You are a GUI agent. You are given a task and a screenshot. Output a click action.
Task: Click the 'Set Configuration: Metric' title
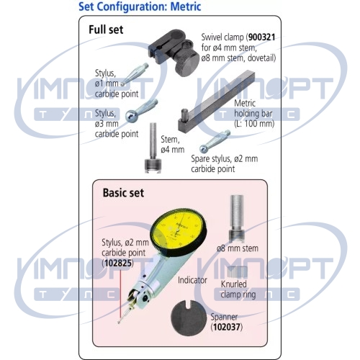tap(140, 6)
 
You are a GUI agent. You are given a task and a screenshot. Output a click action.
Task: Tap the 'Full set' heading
tap(106, 30)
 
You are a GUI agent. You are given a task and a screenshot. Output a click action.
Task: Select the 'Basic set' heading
tap(123, 193)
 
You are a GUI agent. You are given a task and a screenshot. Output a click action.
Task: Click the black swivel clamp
tap(174, 52)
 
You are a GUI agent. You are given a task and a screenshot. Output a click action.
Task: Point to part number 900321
tap(261, 37)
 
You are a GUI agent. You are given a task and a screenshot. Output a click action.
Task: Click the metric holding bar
tap(216, 102)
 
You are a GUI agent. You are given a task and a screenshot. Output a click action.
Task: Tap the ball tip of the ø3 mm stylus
tap(132, 116)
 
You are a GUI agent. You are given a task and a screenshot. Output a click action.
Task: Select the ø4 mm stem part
tap(153, 148)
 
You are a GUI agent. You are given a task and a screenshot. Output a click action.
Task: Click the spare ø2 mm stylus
tap(215, 141)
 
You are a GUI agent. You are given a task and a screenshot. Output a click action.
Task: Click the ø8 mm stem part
tap(237, 218)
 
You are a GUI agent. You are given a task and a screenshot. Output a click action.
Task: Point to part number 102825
tap(118, 263)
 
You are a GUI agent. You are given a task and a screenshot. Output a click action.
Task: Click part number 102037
tap(227, 327)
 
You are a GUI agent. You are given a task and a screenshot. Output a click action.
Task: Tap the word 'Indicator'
tap(192, 280)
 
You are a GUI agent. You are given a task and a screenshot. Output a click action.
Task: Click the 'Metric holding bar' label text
tap(254, 114)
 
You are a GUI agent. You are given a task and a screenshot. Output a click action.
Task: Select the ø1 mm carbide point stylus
tap(135, 74)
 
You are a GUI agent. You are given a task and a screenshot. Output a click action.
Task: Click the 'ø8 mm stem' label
tap(238, 248)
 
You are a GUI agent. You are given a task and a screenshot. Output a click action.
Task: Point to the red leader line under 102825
tap(120, 293)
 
